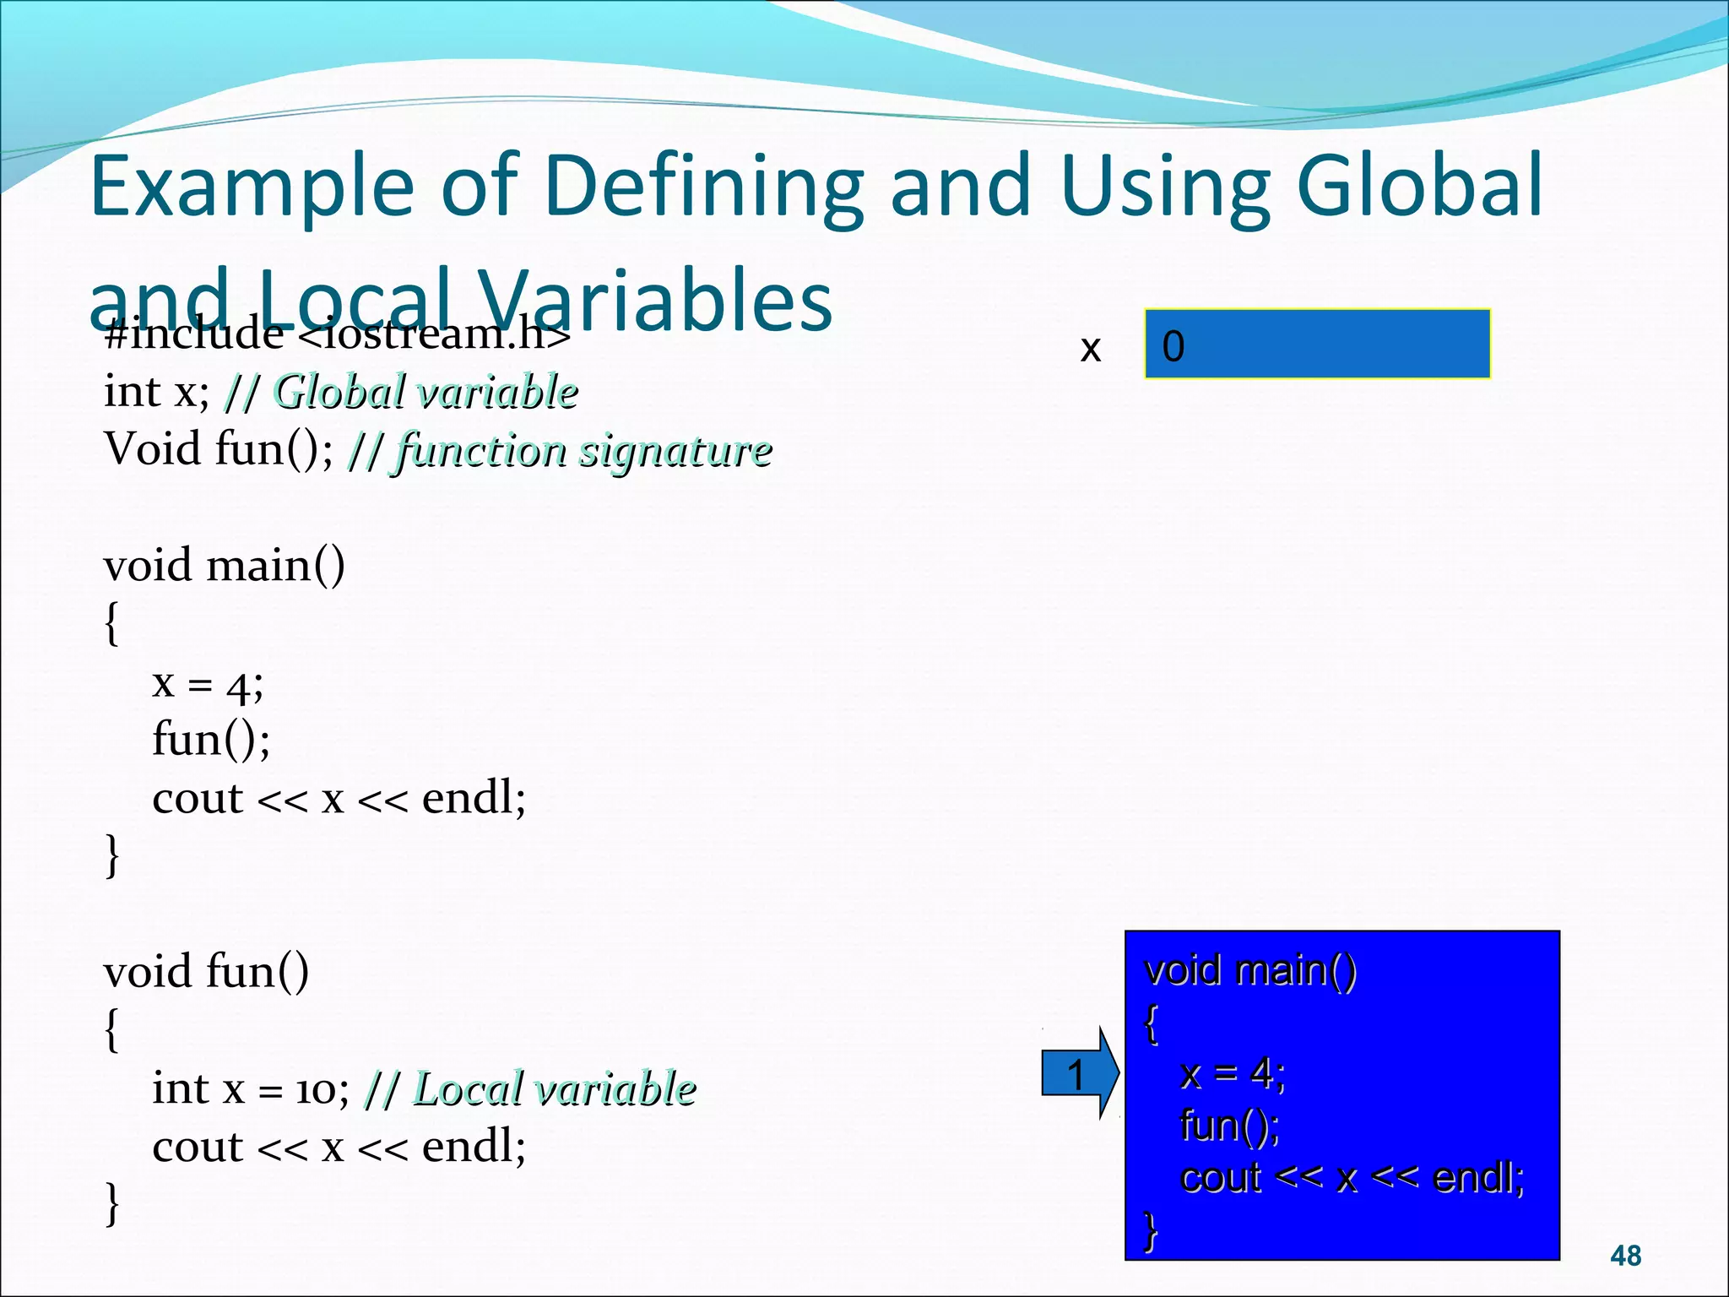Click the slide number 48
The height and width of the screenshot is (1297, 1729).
[1625, 1256]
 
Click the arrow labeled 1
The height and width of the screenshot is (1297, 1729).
[1078, 1074]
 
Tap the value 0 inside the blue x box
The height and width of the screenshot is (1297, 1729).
[1173, 346]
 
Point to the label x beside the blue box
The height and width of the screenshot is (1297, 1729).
[1090, 348]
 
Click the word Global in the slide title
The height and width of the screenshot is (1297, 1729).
[1418, 186]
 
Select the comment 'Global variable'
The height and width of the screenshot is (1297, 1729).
[426, 392]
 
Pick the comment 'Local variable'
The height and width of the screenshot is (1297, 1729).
[554, 1088]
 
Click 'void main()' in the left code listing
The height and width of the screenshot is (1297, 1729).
[225, 565]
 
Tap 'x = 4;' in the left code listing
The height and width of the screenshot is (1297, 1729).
[208, 683]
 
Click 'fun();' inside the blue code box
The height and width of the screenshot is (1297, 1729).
[1229, 1126]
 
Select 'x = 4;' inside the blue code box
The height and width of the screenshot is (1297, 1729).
[1233, 1074]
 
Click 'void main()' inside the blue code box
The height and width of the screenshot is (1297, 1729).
[1250, 970]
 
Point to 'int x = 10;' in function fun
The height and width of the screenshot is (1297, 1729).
[250, 1088]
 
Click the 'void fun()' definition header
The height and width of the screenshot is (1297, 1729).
[206, 972]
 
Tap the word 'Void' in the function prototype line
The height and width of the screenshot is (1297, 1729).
[152, 448]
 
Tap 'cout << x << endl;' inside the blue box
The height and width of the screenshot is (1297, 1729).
[1352, 1178]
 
